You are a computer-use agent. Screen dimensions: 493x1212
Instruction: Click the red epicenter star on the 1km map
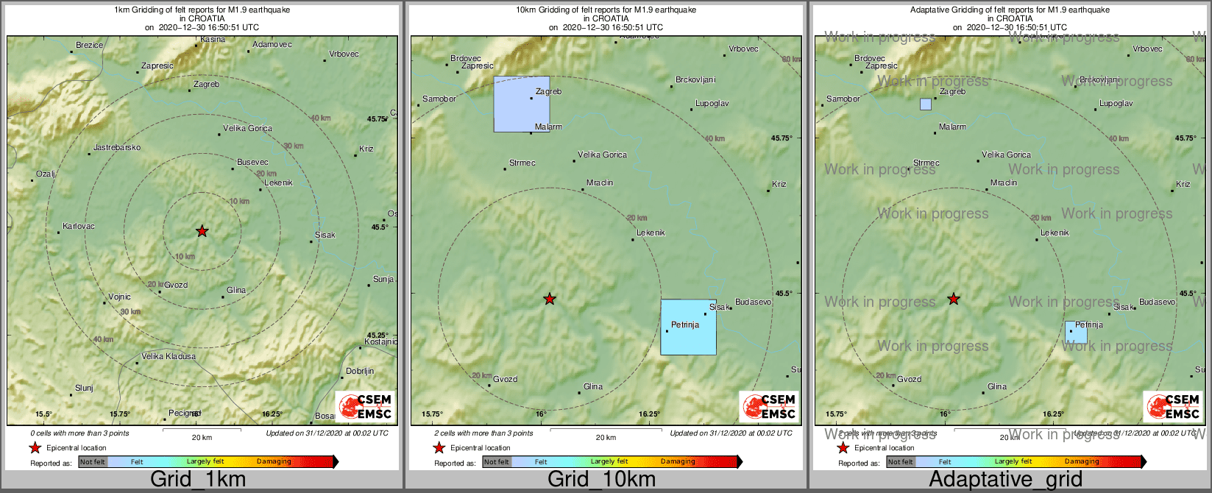pyautogui.click(x=202, y=231)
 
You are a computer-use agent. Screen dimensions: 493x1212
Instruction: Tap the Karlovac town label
pyautogui.click(x=79, y=227)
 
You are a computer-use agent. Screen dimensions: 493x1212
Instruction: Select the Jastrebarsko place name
pyautogui.click(x=116, y=148)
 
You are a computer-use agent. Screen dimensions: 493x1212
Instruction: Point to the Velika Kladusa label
pyautogui.click(x=169, y=357)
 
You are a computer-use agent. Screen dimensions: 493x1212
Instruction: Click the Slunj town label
pyautogui.click(x=84, y=389)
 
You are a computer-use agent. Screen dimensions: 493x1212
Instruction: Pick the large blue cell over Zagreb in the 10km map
pyautogui.click(x=522, y=104)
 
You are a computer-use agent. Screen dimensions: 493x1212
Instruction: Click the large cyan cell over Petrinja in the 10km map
pyautogui.click(x=688, y=327)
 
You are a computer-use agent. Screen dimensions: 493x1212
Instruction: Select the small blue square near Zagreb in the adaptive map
pyautogui.click(x=926, y=104)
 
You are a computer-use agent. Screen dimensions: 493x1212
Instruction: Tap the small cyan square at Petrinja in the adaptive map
pyautogui.click(x=1076, y=332)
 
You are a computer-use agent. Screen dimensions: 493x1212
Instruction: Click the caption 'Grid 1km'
pyautogui.click(x=198, y=480)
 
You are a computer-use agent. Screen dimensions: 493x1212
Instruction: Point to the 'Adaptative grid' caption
pyautogui.click(x=1005, y=480)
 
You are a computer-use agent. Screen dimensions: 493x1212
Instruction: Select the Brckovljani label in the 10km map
pyautogui.click(x=695, y=80)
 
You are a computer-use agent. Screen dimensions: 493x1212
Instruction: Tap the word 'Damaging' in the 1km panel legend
pyautogui.click(x=274, y=462)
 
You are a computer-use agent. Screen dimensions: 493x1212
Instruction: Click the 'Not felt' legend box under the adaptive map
pyautogui.click(x=900, y=462)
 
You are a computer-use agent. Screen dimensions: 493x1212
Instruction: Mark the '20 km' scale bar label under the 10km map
pyautogui.click(x=606, y=438)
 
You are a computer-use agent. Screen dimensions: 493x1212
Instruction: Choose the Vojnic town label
pyautogui.click(x=119, y=297)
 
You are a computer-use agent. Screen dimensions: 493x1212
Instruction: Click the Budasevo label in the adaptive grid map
pyautogui.click(x=1157, y=302)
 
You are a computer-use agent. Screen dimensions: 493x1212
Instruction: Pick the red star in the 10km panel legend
pyautogui.click(x=439, y=448)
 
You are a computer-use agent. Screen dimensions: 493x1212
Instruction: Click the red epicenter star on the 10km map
pyautogui.click(x=550, y=299)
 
